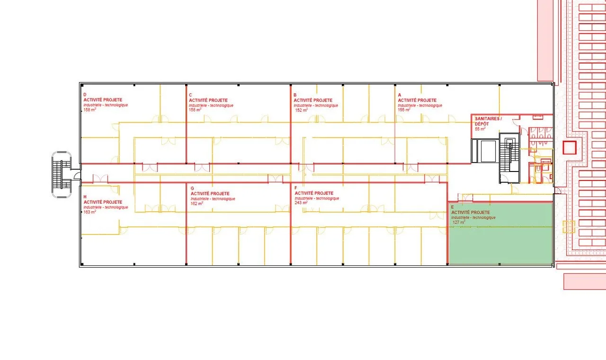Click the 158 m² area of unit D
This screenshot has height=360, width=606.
point(90,110)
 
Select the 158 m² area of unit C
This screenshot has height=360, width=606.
point(195,110)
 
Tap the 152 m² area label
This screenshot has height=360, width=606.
point(302,110)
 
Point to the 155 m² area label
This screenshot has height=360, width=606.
point(404,110)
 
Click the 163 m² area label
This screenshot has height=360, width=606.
point(90,212)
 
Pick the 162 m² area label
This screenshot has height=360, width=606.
point(197,203)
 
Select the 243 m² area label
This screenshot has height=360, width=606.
point(301,203)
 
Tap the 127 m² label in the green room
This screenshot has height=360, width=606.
point(459,222)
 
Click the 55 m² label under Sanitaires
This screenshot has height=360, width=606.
point(480,129)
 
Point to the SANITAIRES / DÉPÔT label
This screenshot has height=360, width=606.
point(488,121)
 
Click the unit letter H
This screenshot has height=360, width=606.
point(85,197)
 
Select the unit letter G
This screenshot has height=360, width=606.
point(192,189)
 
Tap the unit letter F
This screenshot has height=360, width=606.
point(296,188)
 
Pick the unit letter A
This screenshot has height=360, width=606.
point(400,95)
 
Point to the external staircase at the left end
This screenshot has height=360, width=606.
point(62,175)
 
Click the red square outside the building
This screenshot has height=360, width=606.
point(570,147)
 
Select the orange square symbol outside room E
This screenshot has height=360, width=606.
point(569,227)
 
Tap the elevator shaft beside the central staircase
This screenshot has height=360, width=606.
point(485,151)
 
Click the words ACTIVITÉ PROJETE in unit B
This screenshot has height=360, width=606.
point(313,100)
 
